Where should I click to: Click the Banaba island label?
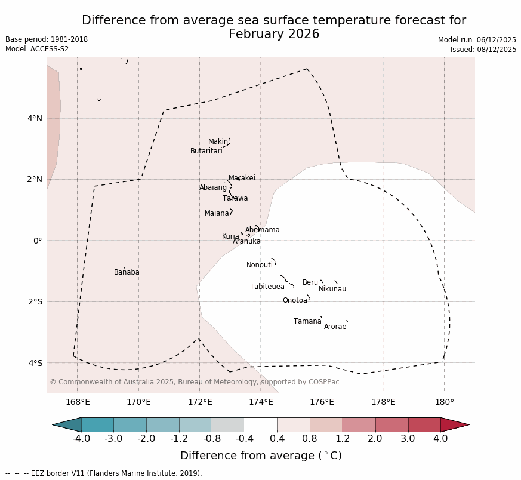[x=127, y=272]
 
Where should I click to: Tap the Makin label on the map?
[x=218, y=141]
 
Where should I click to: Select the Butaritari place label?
[x=206, y=151]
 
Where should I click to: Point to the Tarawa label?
[x=235, y=198]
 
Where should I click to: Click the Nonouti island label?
[x=260, y=265]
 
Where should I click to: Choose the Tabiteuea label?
[x=267, y=287]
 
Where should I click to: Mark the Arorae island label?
[x=335, y=327]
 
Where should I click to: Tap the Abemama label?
[x=262, y=230]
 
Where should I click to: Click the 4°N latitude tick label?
[x=35, y=118]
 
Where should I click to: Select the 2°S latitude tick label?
[x=35, y=301]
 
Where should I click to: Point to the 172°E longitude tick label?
[x=200, y=402]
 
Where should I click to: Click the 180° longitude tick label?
[x=444, y=402]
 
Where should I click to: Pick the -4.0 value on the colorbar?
[x=81, y=439]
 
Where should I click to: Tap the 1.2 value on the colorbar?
[x=343, y=439]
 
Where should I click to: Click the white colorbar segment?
[x=261, y=424]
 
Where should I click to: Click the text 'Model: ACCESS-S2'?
[x=37, y=49]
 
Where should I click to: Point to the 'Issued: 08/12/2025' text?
[x=483, y=50]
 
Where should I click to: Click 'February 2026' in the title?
[x=274, y=34]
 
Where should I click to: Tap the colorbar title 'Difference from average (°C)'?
[x=261, y=456]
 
